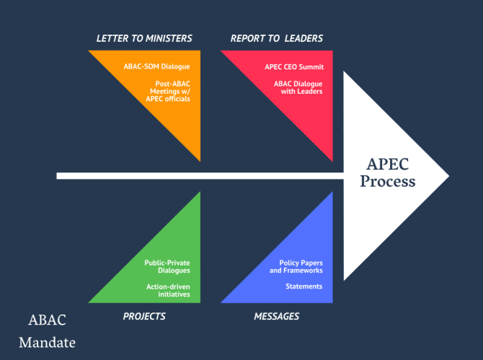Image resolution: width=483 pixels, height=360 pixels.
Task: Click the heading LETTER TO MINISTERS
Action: tap(143, 38)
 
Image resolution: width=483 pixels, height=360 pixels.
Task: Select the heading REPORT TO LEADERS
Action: tap(276, 38)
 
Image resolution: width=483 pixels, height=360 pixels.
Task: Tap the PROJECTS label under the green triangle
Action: tap(144, 316)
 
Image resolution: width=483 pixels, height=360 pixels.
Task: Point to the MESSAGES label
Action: tap(276, 316)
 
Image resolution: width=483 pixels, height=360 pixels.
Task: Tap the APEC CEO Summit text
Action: tap(294, 67)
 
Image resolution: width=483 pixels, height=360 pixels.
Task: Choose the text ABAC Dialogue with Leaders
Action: tap(298, 87)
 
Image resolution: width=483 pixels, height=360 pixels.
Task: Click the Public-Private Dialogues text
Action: tap(167, 266)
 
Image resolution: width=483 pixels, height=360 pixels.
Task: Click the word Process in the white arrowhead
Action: tap(388, 182)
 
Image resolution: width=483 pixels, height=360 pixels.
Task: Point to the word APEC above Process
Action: tap(389, 164)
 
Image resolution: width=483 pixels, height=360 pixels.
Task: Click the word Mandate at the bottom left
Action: tap(47, 342)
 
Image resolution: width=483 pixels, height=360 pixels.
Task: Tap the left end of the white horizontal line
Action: tap(59, 175)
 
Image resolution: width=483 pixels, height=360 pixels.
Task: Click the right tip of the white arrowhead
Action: tap(448, 175)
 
